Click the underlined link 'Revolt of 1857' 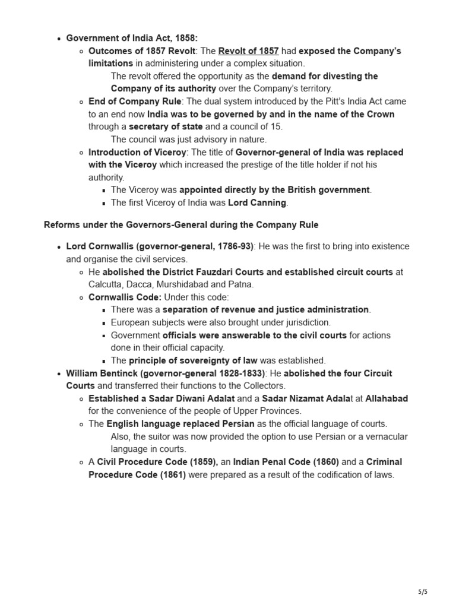(248, 50)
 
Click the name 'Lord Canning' (258, 202)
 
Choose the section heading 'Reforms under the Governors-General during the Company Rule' (181, 224)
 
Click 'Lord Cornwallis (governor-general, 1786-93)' (160, 246)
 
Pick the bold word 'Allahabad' (387, 398)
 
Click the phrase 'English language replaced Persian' (180, 424)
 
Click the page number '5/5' (422, 592)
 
